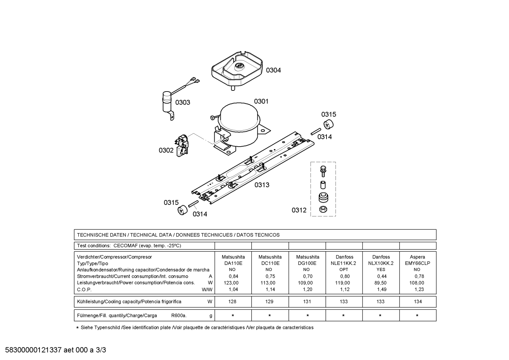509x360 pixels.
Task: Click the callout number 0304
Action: tap(273, 70)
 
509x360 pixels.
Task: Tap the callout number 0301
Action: tap(261, 101)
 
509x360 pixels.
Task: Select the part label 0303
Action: tap(183, 102)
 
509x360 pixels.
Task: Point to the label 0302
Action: tap(166, 150)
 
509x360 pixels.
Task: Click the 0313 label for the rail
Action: tap(262, 185)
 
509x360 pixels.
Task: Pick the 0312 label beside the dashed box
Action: tap(299, 210)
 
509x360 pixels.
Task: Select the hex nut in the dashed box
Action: tap(323, 209)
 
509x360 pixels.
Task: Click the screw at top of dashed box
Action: tap(323, 171)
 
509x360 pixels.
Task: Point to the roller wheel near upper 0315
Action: tap(328, 124)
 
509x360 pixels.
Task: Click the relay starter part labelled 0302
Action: tap(182, 146)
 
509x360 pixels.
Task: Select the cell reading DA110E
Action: tap(233, 263)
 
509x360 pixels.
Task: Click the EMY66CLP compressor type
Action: tap(418, 263)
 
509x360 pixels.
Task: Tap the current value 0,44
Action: tap(381, 276)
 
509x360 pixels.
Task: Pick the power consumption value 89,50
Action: tap(381, 283)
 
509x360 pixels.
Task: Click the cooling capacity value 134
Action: tap(418, 302)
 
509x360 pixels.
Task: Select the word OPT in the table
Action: tap(343, 270)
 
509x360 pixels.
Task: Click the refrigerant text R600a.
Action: tap(179, 315)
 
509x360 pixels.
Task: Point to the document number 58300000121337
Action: tap(34, 350)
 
